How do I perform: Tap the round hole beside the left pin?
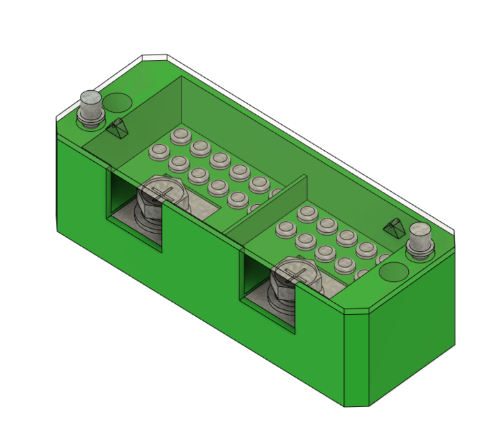click(x=118, y=102)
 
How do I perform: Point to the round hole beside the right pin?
click(x=393, y=273)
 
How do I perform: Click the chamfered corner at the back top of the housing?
click(x=154, y=58)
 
